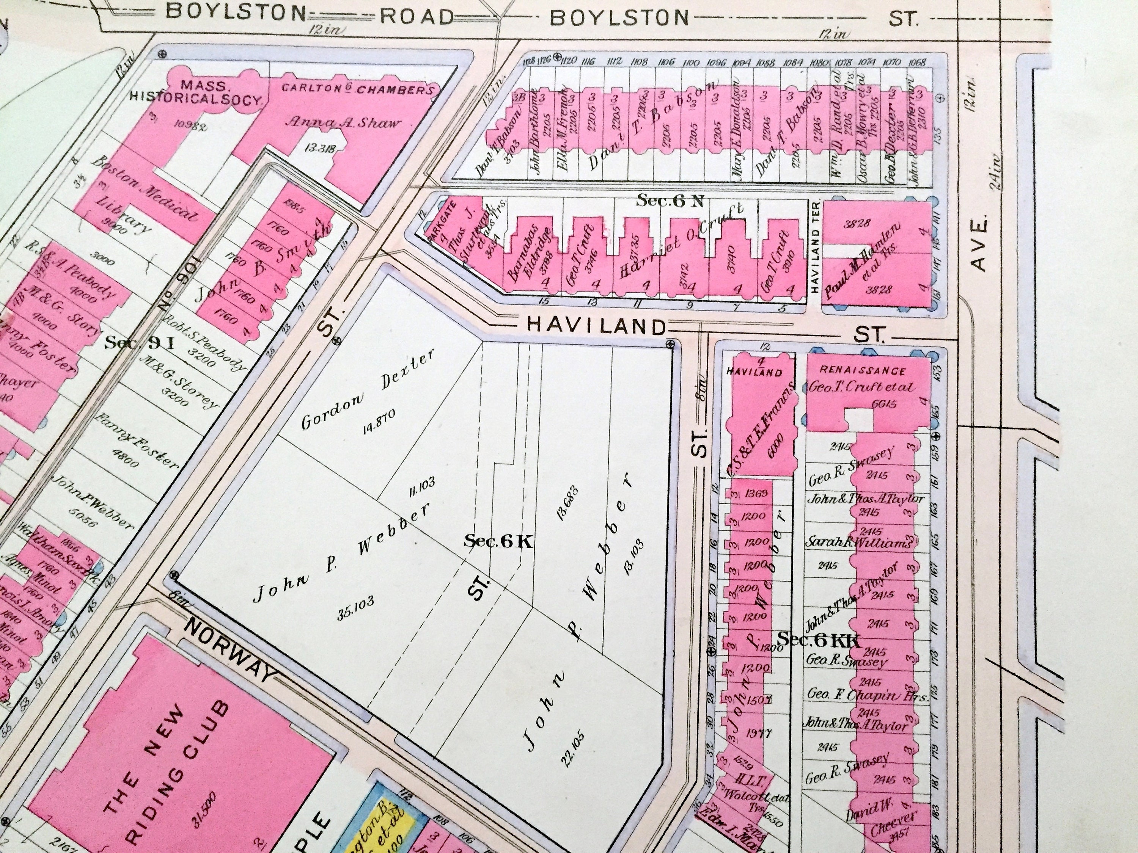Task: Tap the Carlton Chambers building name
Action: [x=357, y=88]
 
